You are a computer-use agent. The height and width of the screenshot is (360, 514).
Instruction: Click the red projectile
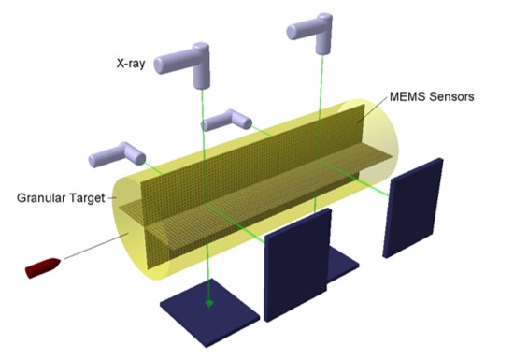[x=43, y=267]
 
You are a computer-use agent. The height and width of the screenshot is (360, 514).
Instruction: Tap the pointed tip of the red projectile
[x=61, y=260]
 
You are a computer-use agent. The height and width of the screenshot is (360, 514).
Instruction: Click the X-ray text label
[x=131, y=63]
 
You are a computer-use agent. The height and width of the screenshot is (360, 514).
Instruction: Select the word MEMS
[x=407, y=96]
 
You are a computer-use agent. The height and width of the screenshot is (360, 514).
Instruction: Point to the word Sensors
[x=451, y=96]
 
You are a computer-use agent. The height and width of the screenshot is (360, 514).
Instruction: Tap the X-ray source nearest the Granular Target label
[x=117, y=155]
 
